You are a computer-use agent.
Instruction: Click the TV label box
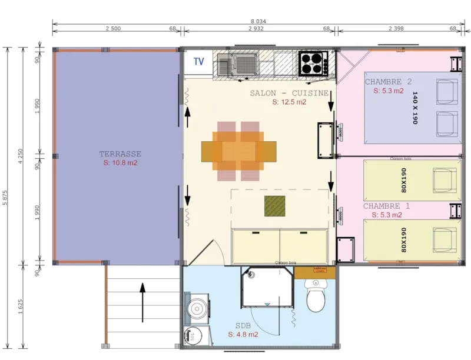[199, 61]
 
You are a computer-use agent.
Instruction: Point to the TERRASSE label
[120, 154]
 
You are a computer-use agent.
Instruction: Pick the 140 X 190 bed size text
[414, 108]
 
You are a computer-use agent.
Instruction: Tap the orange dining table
[238, 151]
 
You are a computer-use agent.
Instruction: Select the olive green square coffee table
[274, 205]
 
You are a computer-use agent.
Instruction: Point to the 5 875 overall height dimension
[6, 197]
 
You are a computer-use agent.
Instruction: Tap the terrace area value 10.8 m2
[120, 163]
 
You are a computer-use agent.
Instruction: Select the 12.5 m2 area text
[289, 102]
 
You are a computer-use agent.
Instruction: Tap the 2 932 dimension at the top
[256, 28]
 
